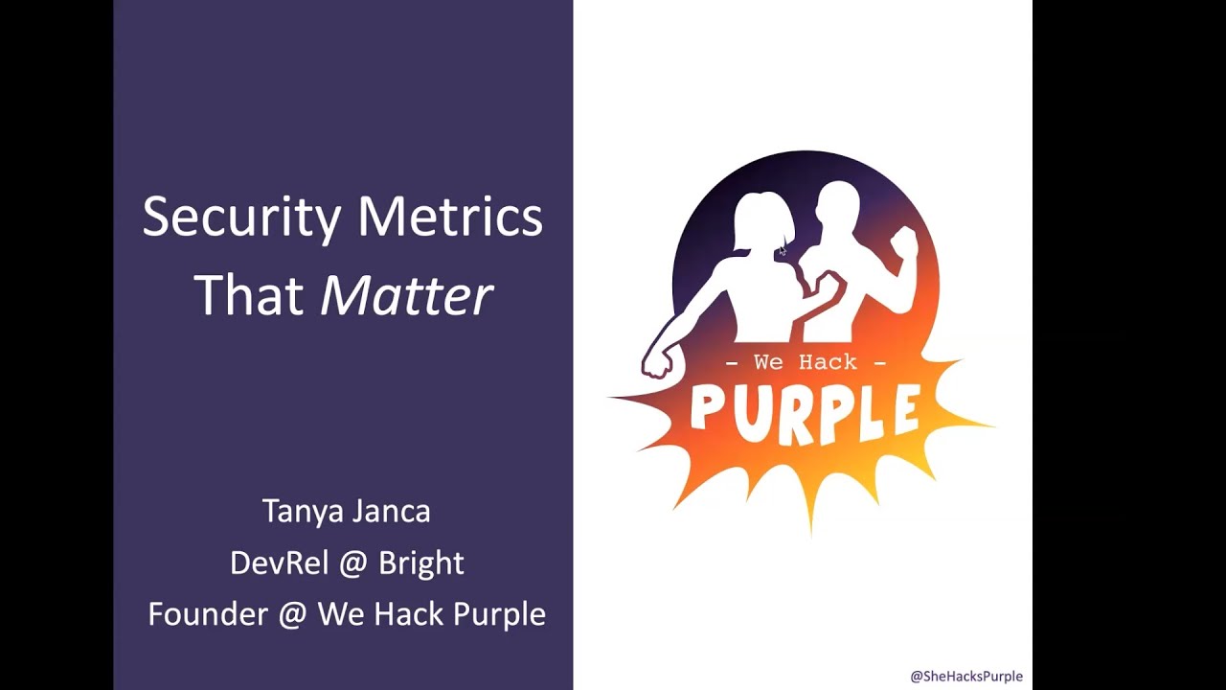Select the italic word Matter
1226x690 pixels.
click(x=407, y=295)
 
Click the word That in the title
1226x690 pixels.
click(x=250, y=295)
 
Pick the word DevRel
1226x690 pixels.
click(x=275, y=563)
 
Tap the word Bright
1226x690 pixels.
click(x=420, y=563)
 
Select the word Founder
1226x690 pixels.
click(x=208, y=613)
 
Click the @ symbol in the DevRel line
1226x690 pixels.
click(x=353, y=563)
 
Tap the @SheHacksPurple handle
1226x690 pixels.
click(x=965, y=676)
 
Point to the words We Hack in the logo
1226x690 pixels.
click(x=805, y=362)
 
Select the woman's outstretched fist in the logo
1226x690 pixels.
click(x=657, y=361)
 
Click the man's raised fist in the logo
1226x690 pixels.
click(x=904, y=242)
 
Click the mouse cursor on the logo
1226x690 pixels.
click(x=783, y=250)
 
